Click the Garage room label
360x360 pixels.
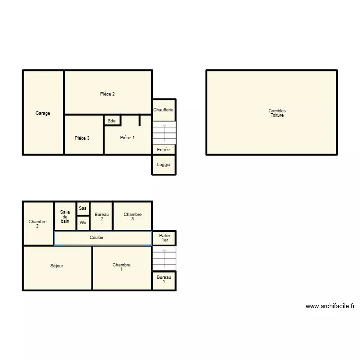(x=43, y=113)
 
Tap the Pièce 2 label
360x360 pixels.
(x=107, y=94)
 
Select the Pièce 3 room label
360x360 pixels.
(x=82, y=138)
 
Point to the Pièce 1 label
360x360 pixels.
(x=127, y=138)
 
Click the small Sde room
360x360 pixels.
(x=112, y=120)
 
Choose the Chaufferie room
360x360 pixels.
(x=164, y=110)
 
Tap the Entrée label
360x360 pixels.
(x=164, y=150)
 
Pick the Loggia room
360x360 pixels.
(x=164, y=165)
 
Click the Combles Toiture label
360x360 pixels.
(x=277, y=113)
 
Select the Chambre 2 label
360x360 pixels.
(x=37, y=224)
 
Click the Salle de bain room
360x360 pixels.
(x=65, y=216)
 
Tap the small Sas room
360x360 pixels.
(x=83, y=208)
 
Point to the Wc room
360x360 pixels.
(x=83, y=223)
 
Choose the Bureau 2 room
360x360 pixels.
(x=101, y=216)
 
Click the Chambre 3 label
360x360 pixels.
(x=132, y=216)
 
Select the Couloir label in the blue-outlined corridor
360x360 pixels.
(x=96, y=238)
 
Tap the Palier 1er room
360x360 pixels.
(x=165, y=238)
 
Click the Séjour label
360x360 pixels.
(x=57, y=266)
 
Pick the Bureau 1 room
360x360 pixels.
(x=164, y=280)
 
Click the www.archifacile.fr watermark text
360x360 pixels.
(x=330, y=306)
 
